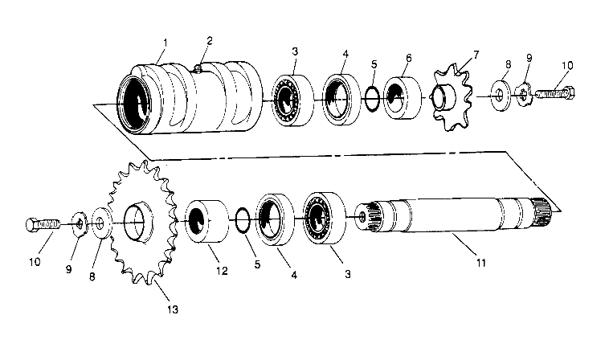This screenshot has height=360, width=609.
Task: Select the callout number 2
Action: click(209, 40)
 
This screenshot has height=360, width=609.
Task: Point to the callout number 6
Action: click(409, 59)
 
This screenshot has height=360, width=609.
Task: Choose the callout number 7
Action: click(476, 54)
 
